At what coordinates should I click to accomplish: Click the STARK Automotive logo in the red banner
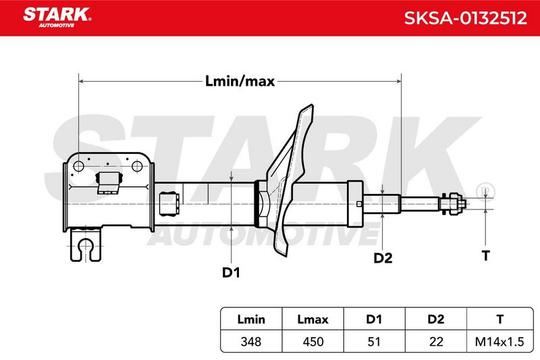tap(57, 18)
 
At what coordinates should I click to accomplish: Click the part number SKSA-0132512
tap(465, 18)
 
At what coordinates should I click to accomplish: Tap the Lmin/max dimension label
tap(240, 81)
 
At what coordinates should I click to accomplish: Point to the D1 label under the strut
tap(231, 272)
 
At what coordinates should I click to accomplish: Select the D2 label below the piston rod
tap(383, 258)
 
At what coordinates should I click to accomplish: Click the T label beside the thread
tap(485, 255)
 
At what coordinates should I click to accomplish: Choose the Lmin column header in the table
tap(251, 319)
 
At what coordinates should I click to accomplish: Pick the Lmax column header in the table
tap(313, 319)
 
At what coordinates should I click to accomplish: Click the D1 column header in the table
tap(374, 319)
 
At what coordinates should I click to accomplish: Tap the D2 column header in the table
tap(435, 319)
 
